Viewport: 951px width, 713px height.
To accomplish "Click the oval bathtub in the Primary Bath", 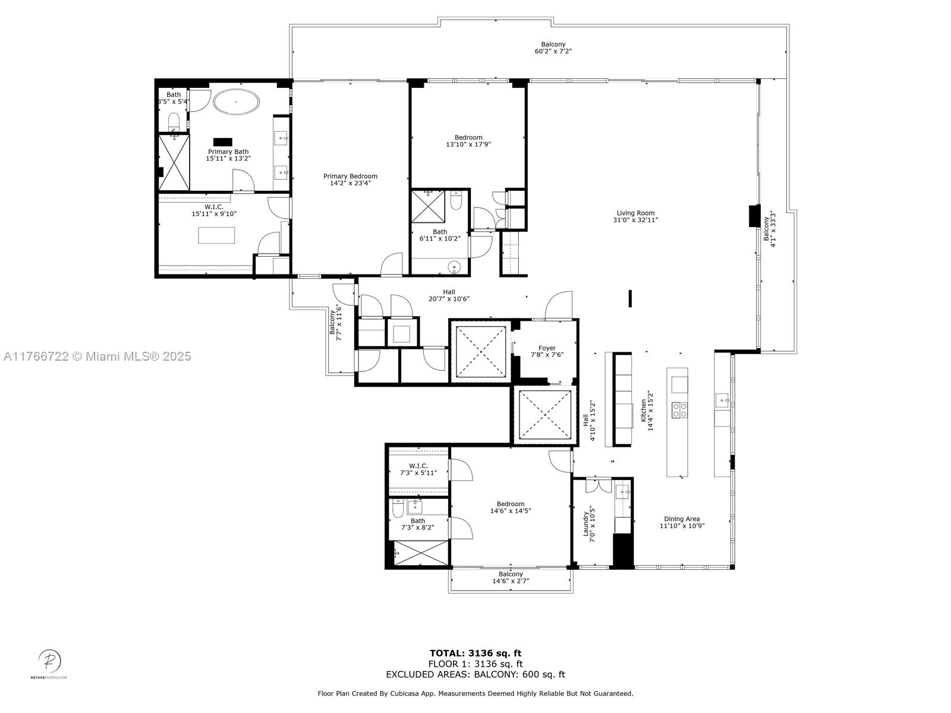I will [236, 102].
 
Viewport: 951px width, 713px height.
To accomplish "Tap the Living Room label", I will [635, 213].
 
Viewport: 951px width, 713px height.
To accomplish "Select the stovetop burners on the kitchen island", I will [679, 409].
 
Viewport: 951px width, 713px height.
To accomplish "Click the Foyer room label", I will [547, 348].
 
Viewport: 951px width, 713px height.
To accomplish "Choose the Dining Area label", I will [682, 519].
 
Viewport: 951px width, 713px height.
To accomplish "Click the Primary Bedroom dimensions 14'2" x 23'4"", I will [350, 184].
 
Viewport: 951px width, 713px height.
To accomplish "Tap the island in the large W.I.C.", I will [216, 235].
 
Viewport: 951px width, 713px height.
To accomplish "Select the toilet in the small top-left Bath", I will [174, 123].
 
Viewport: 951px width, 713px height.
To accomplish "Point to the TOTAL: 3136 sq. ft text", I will [475, 654].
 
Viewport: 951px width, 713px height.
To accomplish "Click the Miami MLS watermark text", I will [97, 356].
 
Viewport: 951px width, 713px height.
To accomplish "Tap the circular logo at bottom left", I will [50, 661].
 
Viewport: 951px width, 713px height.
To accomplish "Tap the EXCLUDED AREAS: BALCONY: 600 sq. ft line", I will [475, 674].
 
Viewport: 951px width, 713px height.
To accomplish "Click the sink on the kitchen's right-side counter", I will [722, 400].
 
